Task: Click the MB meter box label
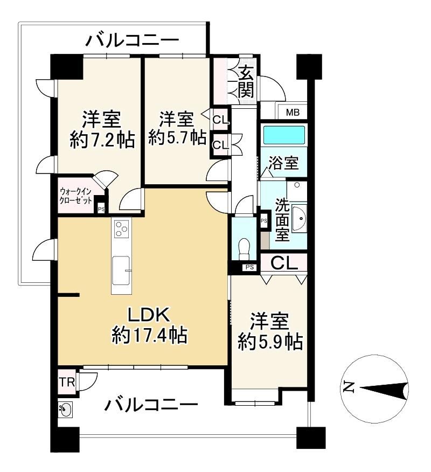click(x=293, y=113)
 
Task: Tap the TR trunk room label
click(x=67, y=383)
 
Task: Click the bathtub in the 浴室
click(x=284, y=135)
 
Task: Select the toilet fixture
click(x=244, y=248)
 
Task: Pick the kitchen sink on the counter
click(x=121, y=270)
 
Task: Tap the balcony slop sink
click(x=65, y=409)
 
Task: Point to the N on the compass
click(x=349, y=387)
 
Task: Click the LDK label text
click(x=149, y=315)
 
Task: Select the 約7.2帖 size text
click(x=102, y=140)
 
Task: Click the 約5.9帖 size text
click(x=270, y=342)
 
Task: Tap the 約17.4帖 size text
click(x=149, y=335)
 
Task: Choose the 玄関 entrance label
click(x=246, y=81)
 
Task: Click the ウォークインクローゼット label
click(x=75, y=196)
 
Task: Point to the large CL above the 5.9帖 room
click(x=284, y=263)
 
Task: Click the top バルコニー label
click(x=132, y=40)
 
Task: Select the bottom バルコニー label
click(x=151, y=405)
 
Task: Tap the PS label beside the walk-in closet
click(x=101, y=209)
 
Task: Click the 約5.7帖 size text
click(x=178, y=138)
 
